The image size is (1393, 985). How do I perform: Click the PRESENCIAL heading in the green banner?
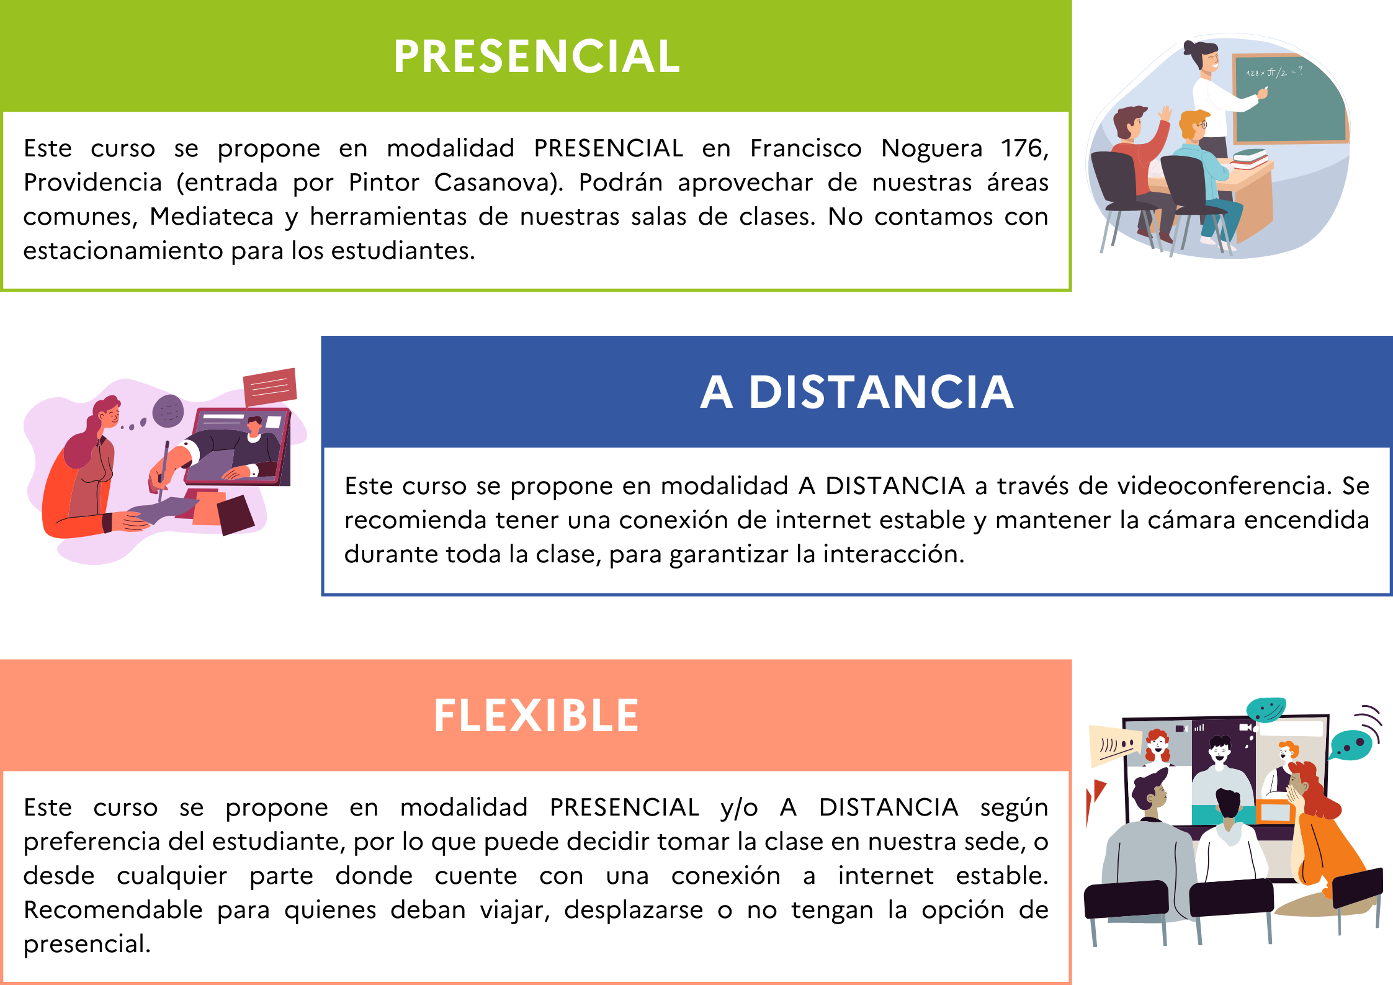(x=537, y=56)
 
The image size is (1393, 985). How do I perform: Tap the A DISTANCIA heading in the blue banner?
(x=857, y=392)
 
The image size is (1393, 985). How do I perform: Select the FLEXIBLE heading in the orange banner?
(x=536, y=715)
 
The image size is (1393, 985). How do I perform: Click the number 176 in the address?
(x=1024, y=149)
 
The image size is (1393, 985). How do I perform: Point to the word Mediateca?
(x=212, y=217)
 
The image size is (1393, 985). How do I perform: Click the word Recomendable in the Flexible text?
(x=113, y=910)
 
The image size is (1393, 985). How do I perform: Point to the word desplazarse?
(x=634, y=911)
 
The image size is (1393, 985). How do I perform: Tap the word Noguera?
(x=932, y=149)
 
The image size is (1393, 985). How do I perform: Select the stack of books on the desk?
(x=1249, y=158)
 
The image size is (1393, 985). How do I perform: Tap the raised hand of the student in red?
(x=1165, y=114)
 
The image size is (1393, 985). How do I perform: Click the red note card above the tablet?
(x=270, y=387)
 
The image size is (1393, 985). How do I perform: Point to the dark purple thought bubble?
(x=168, y=411)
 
